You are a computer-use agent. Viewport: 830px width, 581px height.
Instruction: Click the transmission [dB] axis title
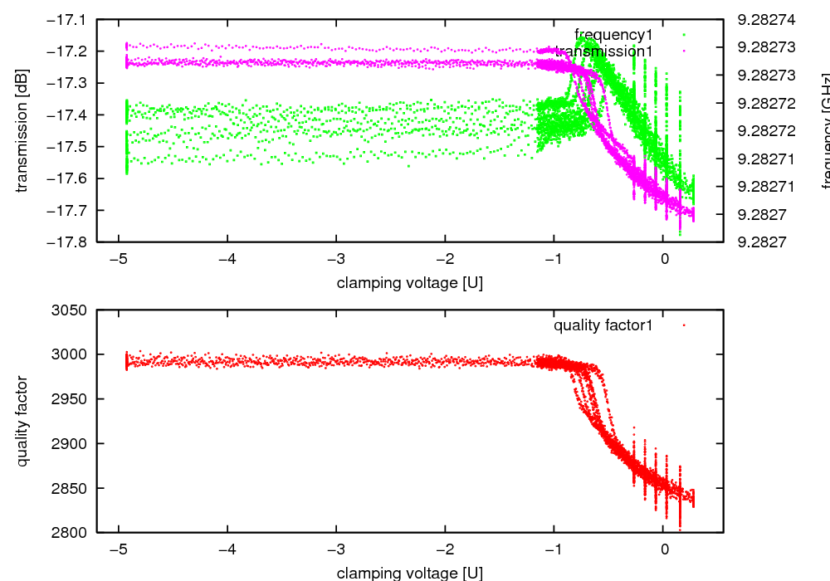click(22, 130)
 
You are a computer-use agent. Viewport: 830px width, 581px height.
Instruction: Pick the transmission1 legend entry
click(604, 51)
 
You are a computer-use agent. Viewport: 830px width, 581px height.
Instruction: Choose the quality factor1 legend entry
click(603, 325)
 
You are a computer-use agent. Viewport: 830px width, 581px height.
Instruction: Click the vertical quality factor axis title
click(22, 421)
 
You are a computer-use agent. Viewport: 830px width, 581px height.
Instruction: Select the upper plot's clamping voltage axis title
click(409, 283)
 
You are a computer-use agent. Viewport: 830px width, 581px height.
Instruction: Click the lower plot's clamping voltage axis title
click(409, 573)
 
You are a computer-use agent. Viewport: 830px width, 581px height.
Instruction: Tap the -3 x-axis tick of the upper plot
click(336, 259)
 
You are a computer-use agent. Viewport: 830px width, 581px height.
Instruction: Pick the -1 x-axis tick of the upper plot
click(554, 259)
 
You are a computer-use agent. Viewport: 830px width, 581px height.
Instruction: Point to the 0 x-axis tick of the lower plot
click(664, 549)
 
